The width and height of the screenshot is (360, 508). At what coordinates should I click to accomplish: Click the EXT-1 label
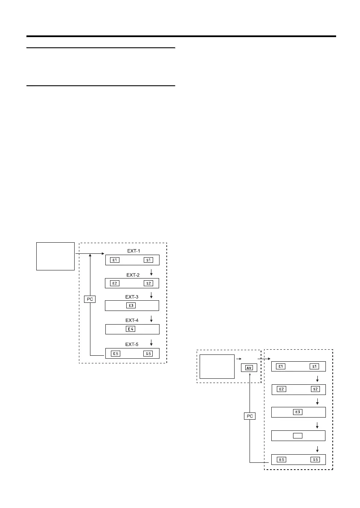pos(134,250)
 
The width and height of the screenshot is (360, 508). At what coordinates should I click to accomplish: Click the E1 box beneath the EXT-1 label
pos(114,260)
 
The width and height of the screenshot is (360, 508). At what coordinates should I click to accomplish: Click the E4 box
pos(131,329)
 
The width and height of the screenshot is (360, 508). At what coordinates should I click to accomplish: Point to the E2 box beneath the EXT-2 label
pos(114,283)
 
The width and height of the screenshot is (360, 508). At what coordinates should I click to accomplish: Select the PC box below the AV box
pos(250,416)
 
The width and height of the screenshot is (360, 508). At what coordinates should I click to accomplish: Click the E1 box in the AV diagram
pos(281,366)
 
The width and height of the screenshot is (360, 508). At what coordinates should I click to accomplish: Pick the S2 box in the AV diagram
pos(315,389)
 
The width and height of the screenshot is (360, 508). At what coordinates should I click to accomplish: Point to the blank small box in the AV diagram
pos(298,435)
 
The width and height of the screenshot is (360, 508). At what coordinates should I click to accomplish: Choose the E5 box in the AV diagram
pos(281,459)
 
